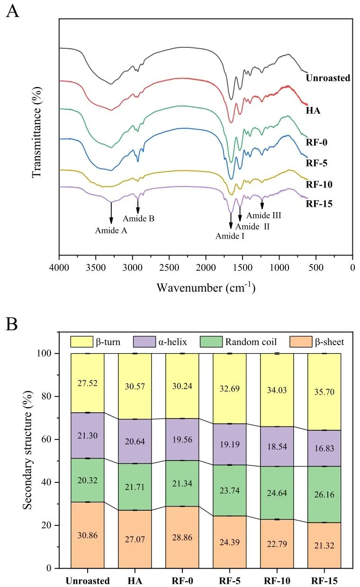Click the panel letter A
pos(12,10)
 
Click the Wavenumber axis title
pos(206,287)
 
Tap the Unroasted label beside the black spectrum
pos(328,78)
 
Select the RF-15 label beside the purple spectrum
pos(319,205)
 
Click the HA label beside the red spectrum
pos(313,111)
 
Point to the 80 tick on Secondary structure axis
pos(52,397)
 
